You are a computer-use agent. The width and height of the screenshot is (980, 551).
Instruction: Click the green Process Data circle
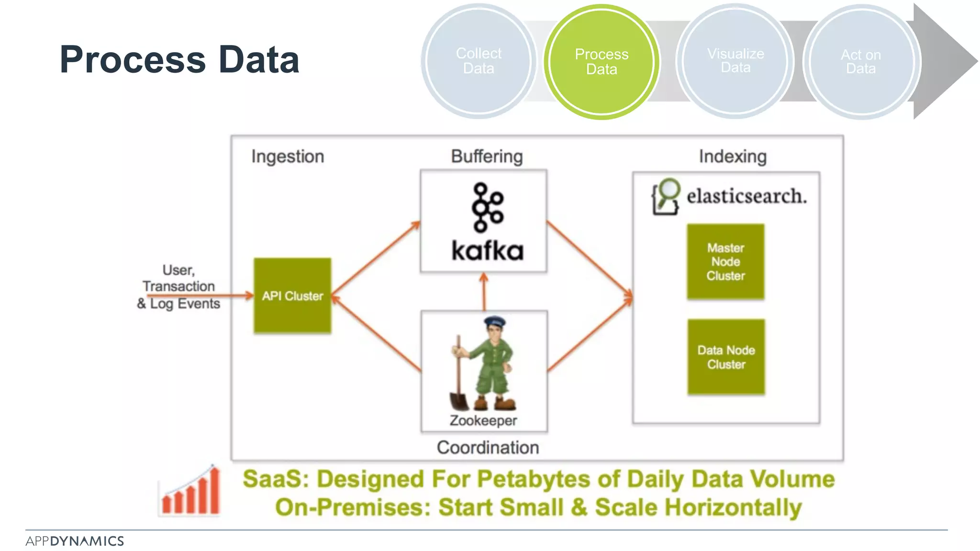[x=601, y=62]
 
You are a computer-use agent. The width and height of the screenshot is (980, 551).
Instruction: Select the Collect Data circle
[x=479, y=61]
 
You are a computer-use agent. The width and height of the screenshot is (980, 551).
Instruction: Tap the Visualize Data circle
[x=735, y=61]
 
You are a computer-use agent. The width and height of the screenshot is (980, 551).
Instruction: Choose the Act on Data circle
[x=861, y=62]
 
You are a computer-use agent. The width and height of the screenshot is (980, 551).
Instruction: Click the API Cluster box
[x=292, y=296]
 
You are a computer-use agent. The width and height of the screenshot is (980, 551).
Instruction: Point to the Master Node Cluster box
[x=725, y=262]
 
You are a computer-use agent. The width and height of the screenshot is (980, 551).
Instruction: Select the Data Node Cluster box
[x=726, y=357]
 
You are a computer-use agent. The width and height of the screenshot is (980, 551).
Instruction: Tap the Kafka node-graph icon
[x=487, y=207]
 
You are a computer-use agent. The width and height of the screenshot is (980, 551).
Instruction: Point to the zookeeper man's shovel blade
[x=459, y=401]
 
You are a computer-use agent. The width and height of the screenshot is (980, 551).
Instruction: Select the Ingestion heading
[x=288, y=156]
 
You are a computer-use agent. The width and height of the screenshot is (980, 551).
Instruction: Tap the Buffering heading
[x=487, y=156]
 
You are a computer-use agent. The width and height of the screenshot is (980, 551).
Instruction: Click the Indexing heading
[x=733, y=156]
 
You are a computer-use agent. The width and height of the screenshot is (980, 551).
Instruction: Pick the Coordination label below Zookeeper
[x=488, y=448]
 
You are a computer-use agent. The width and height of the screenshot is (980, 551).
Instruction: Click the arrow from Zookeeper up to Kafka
[x=484, y=292]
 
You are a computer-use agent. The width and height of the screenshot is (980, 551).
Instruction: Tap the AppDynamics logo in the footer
[x=75, y=541]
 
